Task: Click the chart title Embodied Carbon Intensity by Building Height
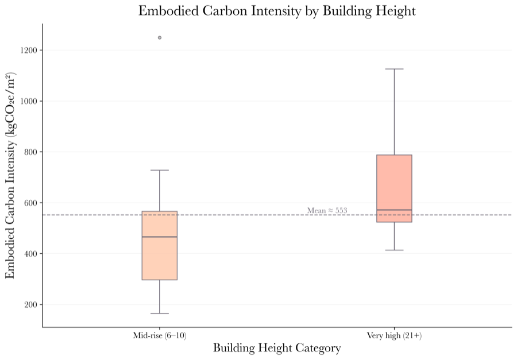[277, 11]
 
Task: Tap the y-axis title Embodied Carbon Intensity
[11, 176]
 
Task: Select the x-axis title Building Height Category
[277, 348]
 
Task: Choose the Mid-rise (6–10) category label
[160, 335]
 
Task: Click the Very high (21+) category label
[394, 335]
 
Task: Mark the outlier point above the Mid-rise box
[160, 37]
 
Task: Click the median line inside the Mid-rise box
[160, 237]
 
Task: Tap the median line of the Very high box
[394, 210]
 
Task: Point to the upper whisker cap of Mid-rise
[160, 170]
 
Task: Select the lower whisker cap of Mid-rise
[160, 313]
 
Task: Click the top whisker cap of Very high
[394, 69]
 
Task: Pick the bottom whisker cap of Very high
[394, 250]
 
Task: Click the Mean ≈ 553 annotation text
[327, 211]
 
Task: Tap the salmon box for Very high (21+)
[394, 184]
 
